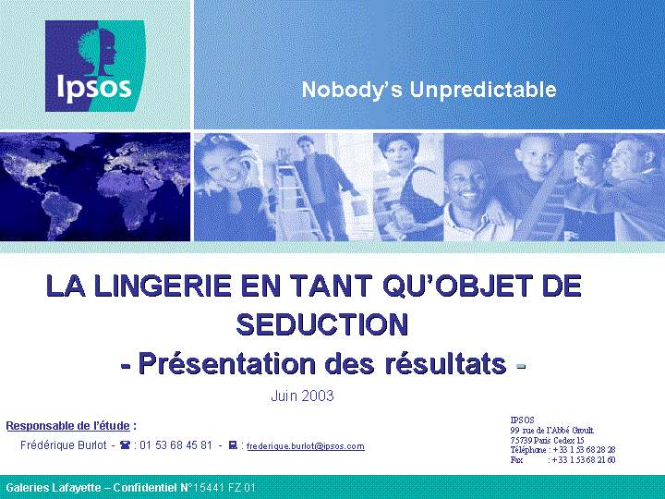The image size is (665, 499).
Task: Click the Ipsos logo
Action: [95, 66]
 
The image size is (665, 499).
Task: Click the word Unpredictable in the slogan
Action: [483, 90]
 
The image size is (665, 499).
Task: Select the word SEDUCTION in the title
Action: [322, 324]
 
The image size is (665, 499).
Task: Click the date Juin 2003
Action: [302, 396]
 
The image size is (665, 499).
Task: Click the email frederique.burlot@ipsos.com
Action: [306, 446]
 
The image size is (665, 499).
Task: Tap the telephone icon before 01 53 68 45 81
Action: [126, 445]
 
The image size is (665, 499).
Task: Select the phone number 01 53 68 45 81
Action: [175, 445]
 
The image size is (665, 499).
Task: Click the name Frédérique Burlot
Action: [64, 445]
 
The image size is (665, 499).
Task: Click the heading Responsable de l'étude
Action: [67, 426]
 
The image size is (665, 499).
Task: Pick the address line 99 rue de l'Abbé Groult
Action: [552, 431]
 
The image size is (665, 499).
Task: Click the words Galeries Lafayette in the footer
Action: [54, 488]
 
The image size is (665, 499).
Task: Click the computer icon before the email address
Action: [233, 445]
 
